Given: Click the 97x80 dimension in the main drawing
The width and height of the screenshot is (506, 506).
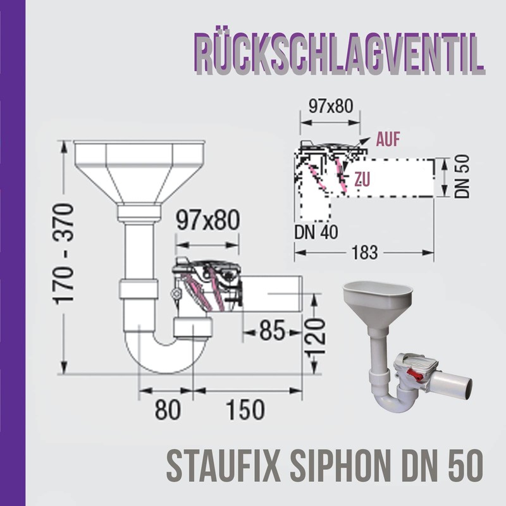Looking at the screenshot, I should pyautogui.click(x=207, y=221).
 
